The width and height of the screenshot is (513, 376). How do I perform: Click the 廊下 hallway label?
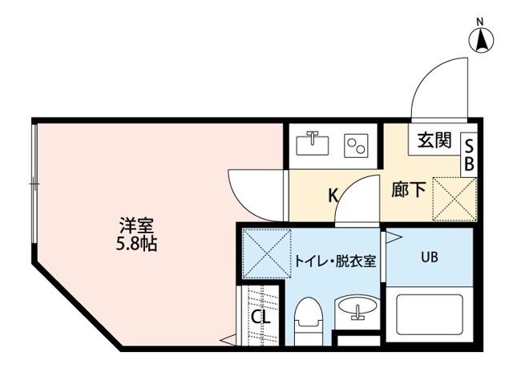point(407,191)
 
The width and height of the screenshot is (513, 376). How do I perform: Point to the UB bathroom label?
point(430,258)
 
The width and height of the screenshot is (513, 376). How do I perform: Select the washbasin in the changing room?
point(356,309)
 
